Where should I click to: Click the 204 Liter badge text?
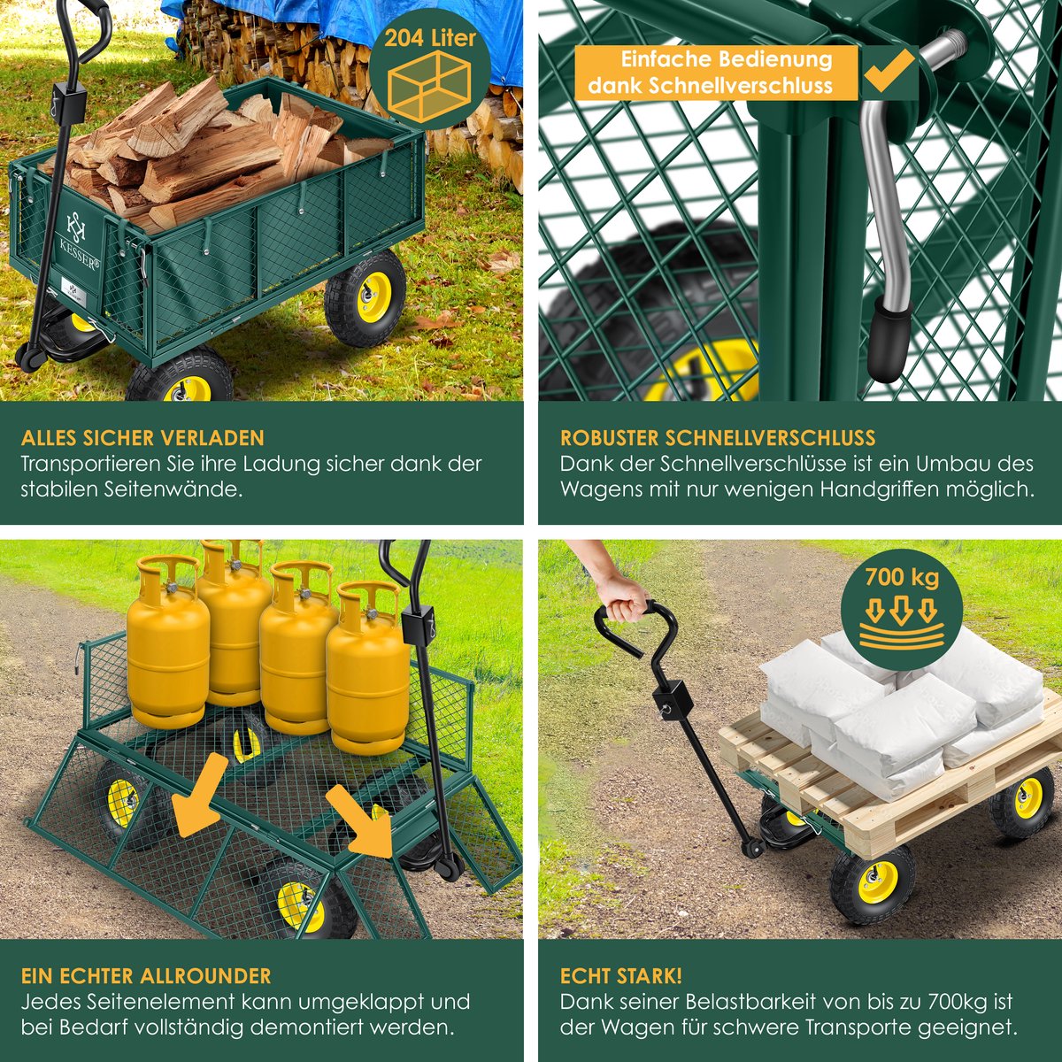pyautogui.click(x=430, y=38)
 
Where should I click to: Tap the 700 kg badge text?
pyautogui.click(x=902, y=577)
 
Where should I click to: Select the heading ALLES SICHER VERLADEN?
pyautogui.click(x=142, y=437)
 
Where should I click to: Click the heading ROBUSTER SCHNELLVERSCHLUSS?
pyautogui.click(x=718, y=437)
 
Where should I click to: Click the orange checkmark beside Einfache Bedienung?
pyautogui.click(x=889, y=72)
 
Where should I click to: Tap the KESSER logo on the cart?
pyautogui.click(x=81, y=240)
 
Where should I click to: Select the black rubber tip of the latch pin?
pyautogui.click(x=888, y=342)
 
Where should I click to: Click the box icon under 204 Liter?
pyautogui.click(x=430, y=86)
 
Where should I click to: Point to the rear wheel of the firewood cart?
pyautogui.click(x=366, y=297)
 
